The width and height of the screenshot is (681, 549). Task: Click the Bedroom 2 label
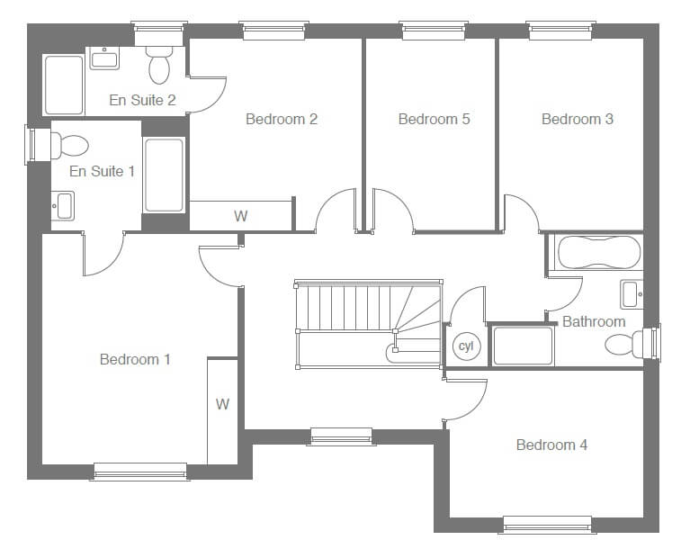tap(282, 119)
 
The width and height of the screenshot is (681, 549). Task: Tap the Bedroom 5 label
tap(434, 119)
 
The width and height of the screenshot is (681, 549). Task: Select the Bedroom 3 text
tap(578, 119)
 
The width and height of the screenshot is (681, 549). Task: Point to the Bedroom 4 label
tap(551, 445)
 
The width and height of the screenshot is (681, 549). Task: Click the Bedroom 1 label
tap(135, 359)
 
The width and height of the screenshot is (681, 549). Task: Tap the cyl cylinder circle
tap(467, 346)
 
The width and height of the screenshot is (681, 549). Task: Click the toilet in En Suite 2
tap(159, 65)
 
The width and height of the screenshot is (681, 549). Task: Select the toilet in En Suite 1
tap(69, 146)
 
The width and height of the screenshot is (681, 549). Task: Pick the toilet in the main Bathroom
tap(624, 345)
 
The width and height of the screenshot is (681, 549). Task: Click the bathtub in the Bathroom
tap(599, 253)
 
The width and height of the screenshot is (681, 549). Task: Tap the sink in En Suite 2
tap(104, 58)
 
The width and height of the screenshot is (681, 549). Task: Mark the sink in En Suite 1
tap(63, 206)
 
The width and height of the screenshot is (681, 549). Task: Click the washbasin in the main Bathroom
tap(632, 294)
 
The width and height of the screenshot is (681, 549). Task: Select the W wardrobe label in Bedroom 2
tap(241, 216)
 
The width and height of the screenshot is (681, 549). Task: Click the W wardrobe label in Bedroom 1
tap(222, 404)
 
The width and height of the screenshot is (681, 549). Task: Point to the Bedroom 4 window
tap(548, 525)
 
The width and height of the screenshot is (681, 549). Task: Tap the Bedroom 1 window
tap(140, 472)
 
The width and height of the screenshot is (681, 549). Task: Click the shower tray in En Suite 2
tap(64, 85)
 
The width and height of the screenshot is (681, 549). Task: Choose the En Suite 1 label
tap(102, 172)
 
